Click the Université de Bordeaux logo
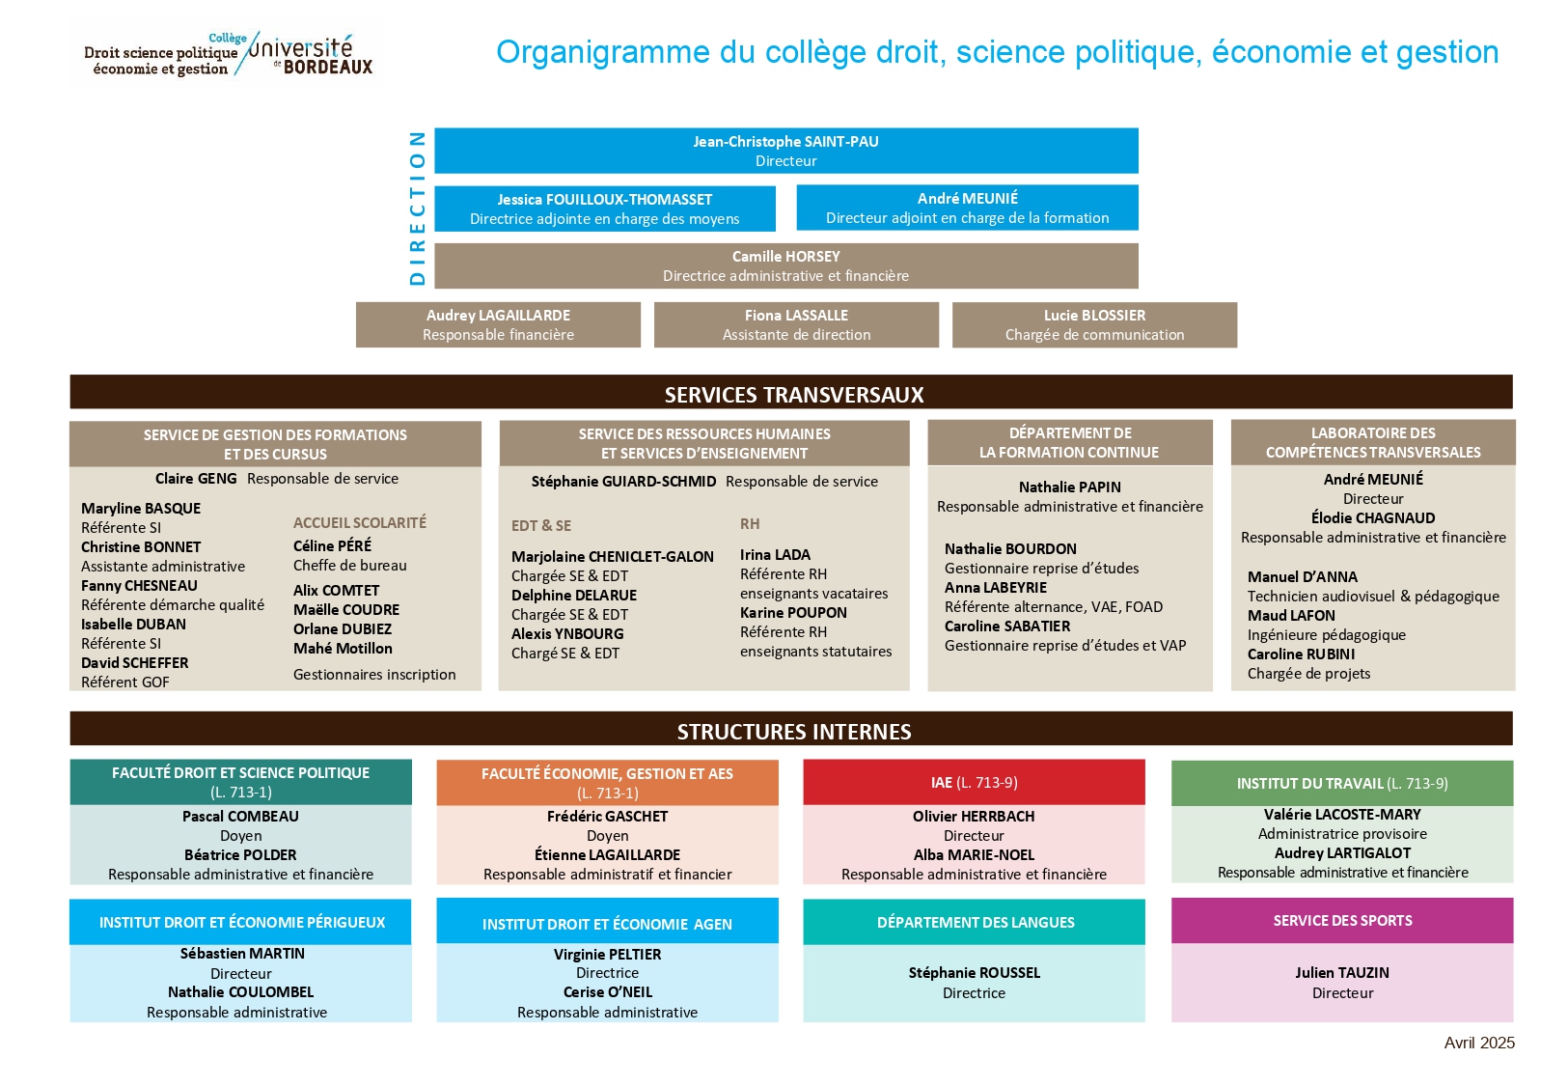tap(228, 54)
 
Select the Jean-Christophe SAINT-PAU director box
tap(786, 151)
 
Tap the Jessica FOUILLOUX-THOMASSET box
tap(605, 209)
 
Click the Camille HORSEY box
tap(786, 266)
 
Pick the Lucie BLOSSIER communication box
tap(1095, 325)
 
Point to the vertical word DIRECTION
tap(417, 208)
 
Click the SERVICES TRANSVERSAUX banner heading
tap(794, 395)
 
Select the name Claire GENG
tap(196, 478)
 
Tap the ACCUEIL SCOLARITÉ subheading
tap(360, 522)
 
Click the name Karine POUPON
tap(793, 613)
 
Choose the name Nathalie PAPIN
tap(1069, 487)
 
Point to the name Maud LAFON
tap(1291, 616)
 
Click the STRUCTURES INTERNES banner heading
tap(794, 732)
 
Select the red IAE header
tap(974, 782)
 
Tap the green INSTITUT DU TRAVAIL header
tap(1342, 783)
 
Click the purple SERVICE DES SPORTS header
tap(1342, 921)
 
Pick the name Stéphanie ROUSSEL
tap(974, 972)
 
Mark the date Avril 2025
tap(1479, 1043)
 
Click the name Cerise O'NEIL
tap(608, 992)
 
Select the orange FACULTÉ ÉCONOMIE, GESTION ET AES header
tap(607, 783)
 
